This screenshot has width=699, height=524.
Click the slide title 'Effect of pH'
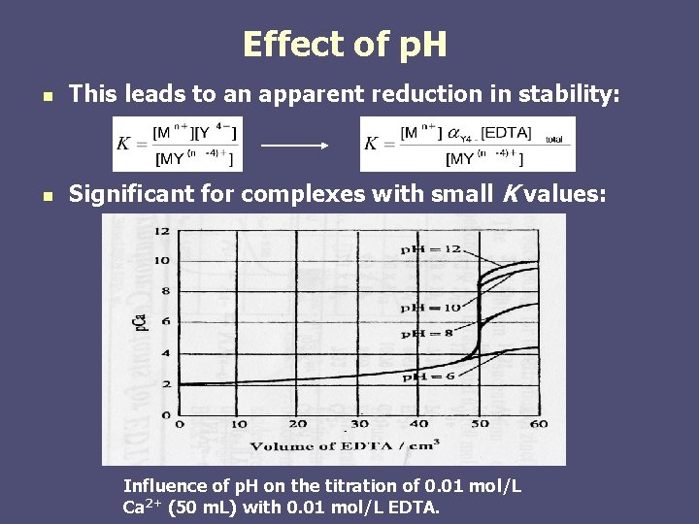pyautogui.click(x=345, y=45)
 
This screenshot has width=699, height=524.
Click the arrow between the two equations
pyautogui.click(x=296, y=145)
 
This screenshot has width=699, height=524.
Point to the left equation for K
pyautogui.click(x=178, y=144)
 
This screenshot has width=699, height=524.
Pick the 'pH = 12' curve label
pyautogui.click(x=429, y=249)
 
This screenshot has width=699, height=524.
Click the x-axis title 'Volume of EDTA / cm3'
pyautogui.click(x=345, y=445)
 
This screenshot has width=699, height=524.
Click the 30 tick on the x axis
pyautogui.click(x=359, y=424)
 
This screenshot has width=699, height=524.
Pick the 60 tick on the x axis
pyautogui.click(x=538, y=424)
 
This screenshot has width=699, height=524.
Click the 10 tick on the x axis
pyautogui.click(x=238, y=424)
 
